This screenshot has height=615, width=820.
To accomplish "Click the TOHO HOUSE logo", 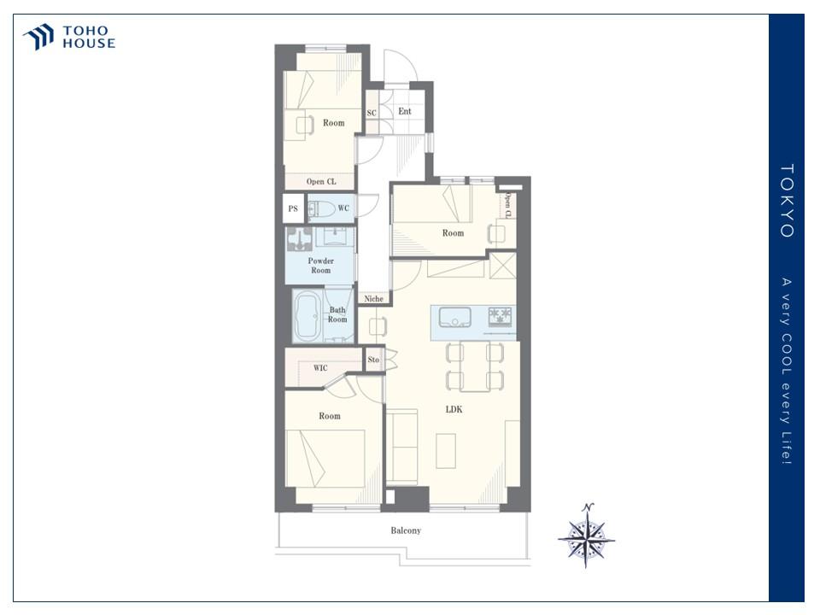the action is click(69, 37).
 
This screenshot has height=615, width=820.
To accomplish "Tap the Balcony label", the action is click(406, 530).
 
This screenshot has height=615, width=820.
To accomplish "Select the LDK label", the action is click(454, 409).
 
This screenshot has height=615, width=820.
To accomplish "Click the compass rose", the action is click(587, 536).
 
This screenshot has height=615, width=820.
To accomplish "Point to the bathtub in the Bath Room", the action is click(307, 316).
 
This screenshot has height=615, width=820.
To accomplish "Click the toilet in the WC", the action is click(321, 209).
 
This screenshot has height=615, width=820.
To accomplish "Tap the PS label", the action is click(293, 208).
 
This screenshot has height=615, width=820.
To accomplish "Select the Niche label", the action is click(373, 299).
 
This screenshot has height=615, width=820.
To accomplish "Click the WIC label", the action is click(320, 368).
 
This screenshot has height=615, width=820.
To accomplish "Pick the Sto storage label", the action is click(373, 360).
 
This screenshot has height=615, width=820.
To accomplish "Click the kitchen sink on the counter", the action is click(454, 318).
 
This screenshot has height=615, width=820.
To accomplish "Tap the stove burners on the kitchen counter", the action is click(500, 317).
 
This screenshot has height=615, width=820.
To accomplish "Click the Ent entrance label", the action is click(405, 111).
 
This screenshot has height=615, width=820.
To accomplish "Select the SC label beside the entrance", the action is click(372, 113).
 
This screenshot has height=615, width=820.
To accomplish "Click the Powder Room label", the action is click(320, 266).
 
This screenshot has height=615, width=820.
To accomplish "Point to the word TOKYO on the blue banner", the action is click(787, 201).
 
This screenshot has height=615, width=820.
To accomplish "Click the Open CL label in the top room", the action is click(321, 181).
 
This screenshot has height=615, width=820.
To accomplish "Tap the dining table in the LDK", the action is click(475, 366).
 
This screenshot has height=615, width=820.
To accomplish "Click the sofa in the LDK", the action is click(401, 447).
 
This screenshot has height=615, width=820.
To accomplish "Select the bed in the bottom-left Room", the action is click(325, 459).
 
